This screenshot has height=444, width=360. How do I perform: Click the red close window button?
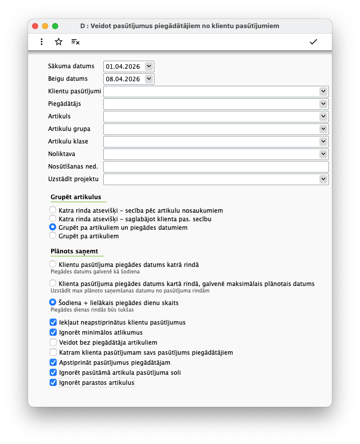click(x=35, y=26)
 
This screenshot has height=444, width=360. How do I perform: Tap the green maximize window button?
click(x=55, y=26)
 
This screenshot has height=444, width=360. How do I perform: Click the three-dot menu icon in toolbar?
click(x=42, y=42)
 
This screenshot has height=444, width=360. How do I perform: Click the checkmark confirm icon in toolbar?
click(x=313, y=42)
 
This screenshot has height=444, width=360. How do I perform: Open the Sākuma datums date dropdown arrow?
click(x=148, y=66)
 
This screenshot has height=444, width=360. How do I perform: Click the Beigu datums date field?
click(x=123, y=79)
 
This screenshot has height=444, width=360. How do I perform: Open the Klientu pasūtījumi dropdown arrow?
click(x=323, y=91)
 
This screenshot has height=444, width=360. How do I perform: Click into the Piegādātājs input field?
click(x=211, y=104)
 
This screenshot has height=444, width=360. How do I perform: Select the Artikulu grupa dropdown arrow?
click(x=323, y=129)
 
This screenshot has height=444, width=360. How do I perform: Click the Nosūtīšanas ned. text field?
click(x=216, y=167)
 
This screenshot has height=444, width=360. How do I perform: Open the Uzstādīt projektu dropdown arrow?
click(x=323, y=179)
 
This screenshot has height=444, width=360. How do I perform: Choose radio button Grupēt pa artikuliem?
click(x=53, y=236)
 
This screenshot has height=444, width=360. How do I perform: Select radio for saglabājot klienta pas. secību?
click(x=53, y=219)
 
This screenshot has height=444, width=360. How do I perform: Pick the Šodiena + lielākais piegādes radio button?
click(x=53, y=303)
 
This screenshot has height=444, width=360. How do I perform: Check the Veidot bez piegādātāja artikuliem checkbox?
click(x=53, y=342)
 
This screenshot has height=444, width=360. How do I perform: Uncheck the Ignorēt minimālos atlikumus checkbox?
click(x=53, y=332)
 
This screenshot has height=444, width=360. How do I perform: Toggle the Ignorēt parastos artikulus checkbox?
click(x=53, y=382)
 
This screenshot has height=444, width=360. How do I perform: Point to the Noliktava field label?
click(x=62, y=154)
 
